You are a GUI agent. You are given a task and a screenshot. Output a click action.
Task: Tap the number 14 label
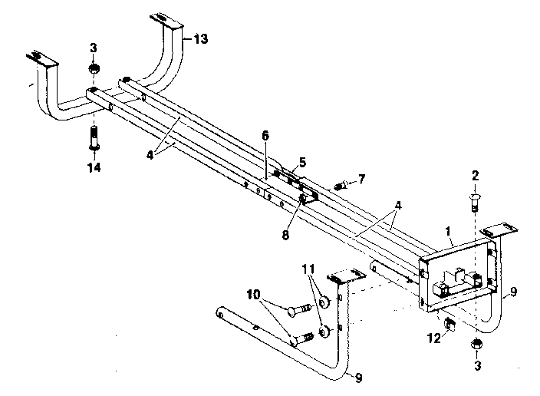click(x=93, y=166)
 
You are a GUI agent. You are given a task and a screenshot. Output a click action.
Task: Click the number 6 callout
click(x=265, y=135)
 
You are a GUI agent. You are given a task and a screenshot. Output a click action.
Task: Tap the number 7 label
click(x=361, y=179)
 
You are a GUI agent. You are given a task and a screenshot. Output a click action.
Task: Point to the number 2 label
click(x=475, y=176)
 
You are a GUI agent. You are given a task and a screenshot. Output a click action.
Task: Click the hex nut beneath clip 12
click(x=476, y=342)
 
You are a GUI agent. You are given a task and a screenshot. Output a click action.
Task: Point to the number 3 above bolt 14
click(x=93, y=48)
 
